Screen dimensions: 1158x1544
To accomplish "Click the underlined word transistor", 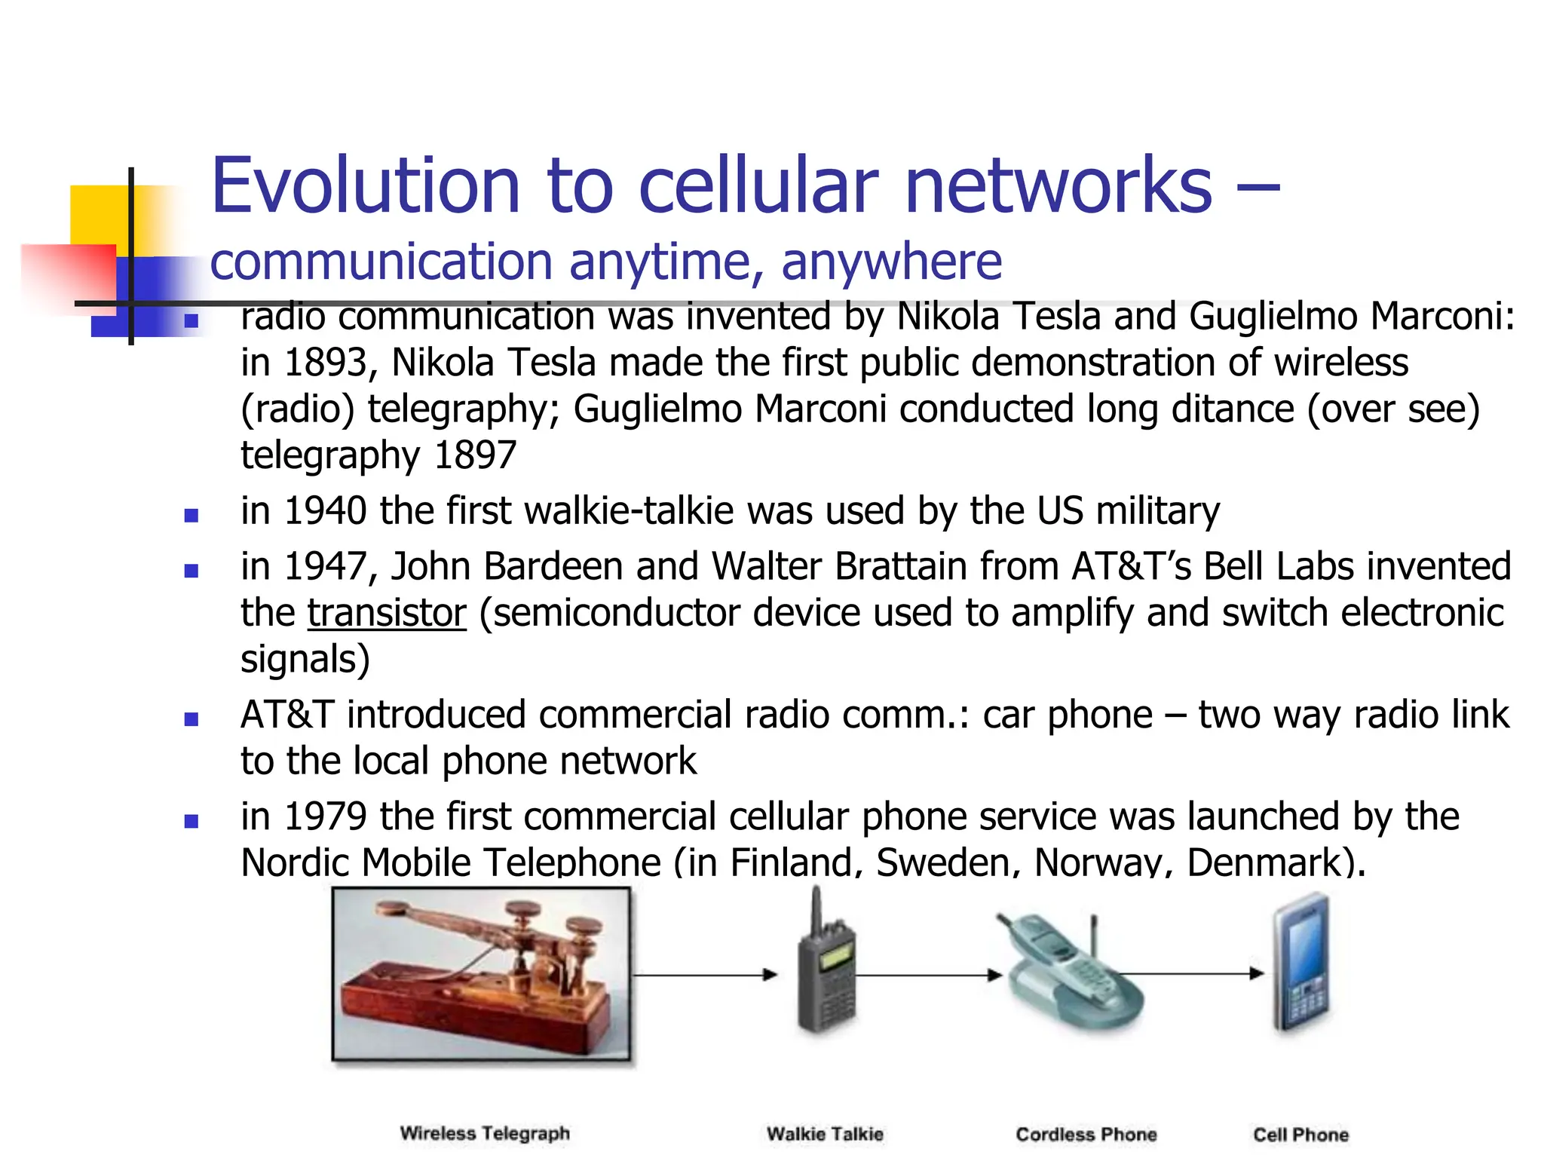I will (387, 613).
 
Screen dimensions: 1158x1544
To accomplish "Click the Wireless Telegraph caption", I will (485, 1133).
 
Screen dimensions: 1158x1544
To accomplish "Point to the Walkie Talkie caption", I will (825, 1134).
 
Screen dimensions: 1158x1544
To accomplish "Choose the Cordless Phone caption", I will (1086, 1134).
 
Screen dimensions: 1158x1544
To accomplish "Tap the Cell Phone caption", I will (1300, 1134).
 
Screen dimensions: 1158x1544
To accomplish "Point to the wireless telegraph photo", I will (482, 974).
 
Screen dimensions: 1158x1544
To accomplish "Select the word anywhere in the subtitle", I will (891, 262).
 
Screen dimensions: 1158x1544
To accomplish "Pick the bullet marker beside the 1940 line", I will (191, 516).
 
